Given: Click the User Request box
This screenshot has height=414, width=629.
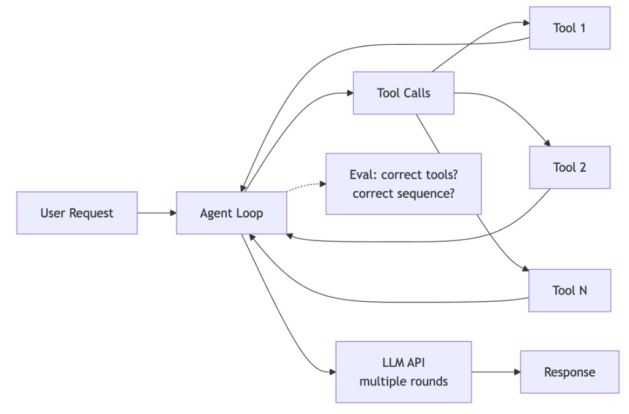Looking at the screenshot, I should point(77,213).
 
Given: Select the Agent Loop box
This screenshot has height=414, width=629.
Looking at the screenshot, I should point(232,213).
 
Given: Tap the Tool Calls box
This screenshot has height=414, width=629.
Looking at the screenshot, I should point(404,93).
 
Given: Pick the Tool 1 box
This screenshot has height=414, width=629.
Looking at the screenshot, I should point(569,28).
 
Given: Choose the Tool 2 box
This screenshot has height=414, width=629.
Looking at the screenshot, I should point(569,167).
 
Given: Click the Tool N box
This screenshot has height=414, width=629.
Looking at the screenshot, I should point(569,290).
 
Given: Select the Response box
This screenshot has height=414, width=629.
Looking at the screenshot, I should point(569,372).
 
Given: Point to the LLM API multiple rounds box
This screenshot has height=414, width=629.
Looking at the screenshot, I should point(404,372).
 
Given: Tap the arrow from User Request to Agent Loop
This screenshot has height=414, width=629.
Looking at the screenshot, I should point(157,213).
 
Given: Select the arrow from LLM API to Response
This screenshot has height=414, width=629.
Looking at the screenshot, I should point(495,372).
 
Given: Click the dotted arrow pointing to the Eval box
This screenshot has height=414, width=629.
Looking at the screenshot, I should point(305,186).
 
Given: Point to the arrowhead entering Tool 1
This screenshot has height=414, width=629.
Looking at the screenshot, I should point(526,23).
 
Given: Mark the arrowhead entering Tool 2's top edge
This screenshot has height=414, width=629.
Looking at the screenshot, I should point(547,143).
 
